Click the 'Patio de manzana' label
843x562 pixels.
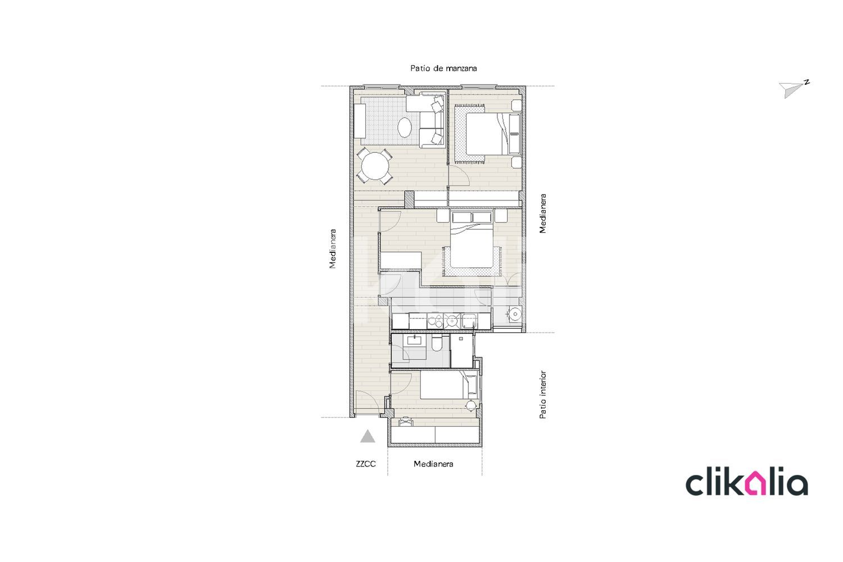pyautogui.click(x=444, y=68)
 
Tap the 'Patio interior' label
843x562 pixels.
pyautogui.click(x=542, y=395)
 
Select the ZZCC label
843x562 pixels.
pyautogui.click(x=366, y=464)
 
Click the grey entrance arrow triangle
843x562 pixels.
pyautogui.click(x=368, y=436)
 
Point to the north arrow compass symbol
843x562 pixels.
pyautogui.click(x=794, y=89)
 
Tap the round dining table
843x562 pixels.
pyautogui.click(x=111, y=166)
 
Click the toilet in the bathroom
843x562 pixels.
pyautogui.click(x=437, y=343)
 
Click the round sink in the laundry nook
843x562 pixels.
pyautogui.click(x=514, y=314)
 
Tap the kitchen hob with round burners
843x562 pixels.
pyautogui.click(x=435, y=321)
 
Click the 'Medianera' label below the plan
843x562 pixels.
pyautogui.click(x=433, y=464)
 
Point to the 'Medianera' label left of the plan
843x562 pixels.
pyautogui.click(x=332, y=249)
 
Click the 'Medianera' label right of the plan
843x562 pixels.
pyautogui.click(x=542, y=214)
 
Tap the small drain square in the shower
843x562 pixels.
pyautogui.click(x=461, y=338)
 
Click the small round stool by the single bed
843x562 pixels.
pyautogui.click(x=471, y=405)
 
